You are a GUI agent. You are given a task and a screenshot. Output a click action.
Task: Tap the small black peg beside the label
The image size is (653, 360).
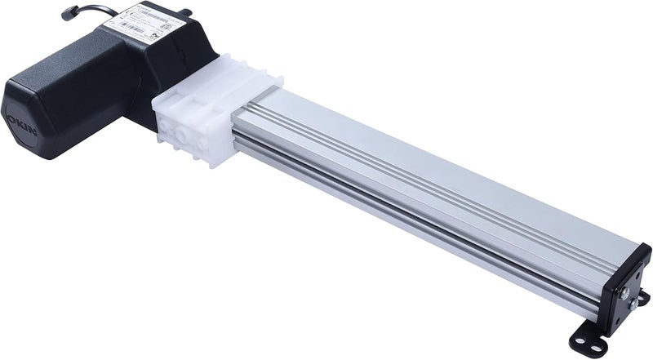tap(186, 12)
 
